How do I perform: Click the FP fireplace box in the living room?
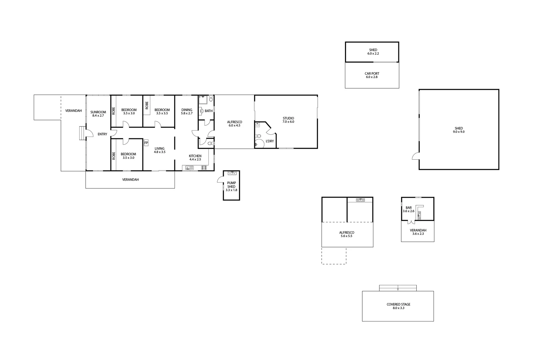tap(146, 143)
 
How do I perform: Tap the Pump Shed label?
tap(231, 185)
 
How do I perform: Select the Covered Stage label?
tap(398, 306)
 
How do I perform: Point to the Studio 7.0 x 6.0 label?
tap(288, 120)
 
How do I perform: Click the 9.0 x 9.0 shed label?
tap(459, 130)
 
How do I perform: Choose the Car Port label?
tap(372, 75)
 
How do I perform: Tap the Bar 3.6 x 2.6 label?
tap(408, 209)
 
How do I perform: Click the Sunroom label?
tap(98, 114)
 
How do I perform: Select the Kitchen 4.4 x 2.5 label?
tap(195, 158)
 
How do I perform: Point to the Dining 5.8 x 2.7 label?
tap(187, 112)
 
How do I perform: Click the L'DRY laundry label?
tap(270, 141)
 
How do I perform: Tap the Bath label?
tap(208, 111)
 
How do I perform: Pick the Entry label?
tap(102, 134)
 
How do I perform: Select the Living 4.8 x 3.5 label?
tap(159, 150)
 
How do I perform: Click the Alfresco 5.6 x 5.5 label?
tap(347, 234)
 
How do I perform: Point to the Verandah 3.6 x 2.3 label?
tap(418, 232)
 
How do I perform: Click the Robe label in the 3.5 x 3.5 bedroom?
tap(147, 105)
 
